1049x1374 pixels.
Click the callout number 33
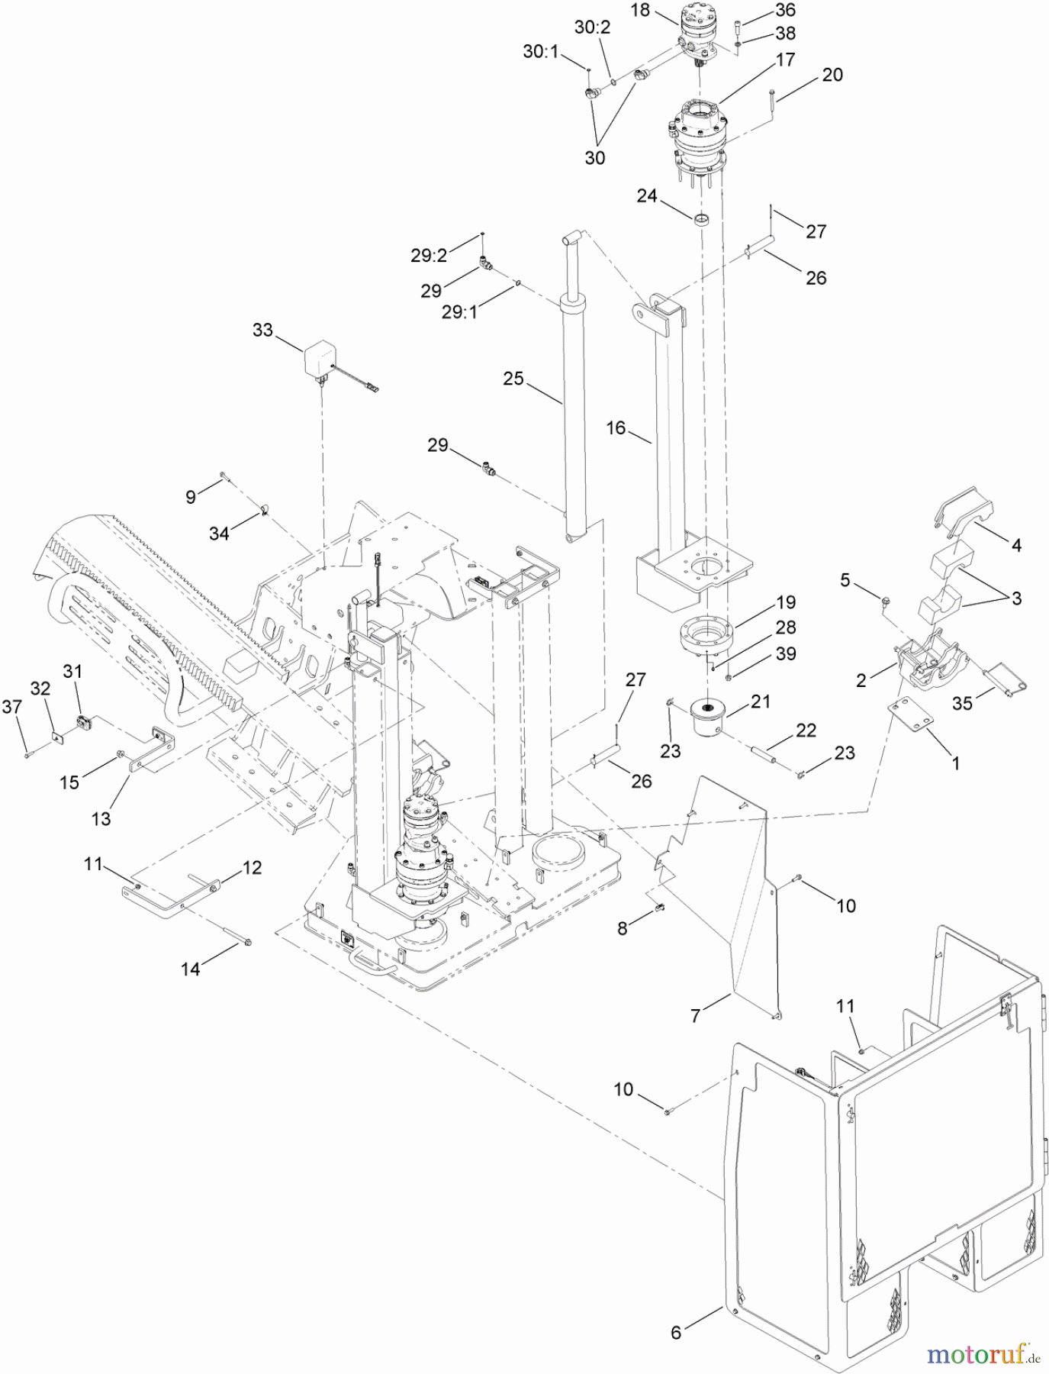click(x=262, y=331)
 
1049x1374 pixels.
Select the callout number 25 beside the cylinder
click(x=513, y=378)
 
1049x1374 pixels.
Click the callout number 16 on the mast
click(x=616, y=428)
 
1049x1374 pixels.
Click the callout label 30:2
click(x=592, y=28)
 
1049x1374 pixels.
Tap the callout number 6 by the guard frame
click(x=676, y=1332)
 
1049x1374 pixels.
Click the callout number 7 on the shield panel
click(x=695, y=1016)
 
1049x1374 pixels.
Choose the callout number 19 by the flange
click(x=785, y=602)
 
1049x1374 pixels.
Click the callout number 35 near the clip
click(x=962, y=703)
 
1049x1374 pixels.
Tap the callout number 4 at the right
click(x=1015, y=545)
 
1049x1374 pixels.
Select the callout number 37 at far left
click(x=11, y=708)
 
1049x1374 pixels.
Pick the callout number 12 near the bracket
click(x=252, y=868)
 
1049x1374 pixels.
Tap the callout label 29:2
click(x=429, y=256)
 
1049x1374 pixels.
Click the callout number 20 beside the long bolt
click(x=832, y=75)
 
